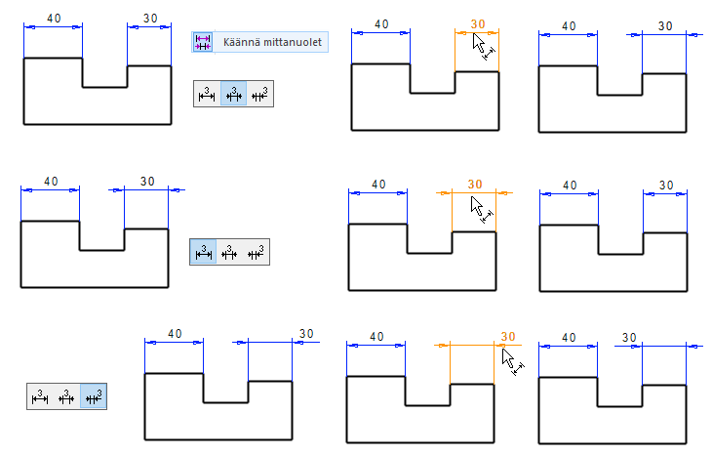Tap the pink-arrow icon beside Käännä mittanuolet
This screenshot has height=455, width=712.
tap(203, 42)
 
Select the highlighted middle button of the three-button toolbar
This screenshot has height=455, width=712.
tap(233, 94)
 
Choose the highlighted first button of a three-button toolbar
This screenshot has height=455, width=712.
tap(204, 252)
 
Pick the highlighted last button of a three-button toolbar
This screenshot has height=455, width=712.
tap(94, 396)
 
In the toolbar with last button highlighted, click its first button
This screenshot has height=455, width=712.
tap(40, 396)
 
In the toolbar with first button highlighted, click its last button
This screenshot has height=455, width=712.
tap(257, 252)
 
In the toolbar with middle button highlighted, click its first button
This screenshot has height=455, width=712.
tap(206, 94)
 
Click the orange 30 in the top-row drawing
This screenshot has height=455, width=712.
tap(477, 23)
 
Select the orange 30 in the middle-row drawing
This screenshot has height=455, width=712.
tap(475, 184)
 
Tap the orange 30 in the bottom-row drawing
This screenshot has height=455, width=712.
tap(507, 337)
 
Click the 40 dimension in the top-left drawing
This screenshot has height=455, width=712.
tap(53, 18)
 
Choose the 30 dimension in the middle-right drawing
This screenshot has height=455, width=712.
tap(666, 185)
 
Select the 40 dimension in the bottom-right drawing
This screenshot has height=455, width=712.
tap(568, 338)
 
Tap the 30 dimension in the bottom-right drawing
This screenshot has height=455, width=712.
tap(628, 338)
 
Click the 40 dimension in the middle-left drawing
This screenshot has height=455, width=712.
tap(51, 181)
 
